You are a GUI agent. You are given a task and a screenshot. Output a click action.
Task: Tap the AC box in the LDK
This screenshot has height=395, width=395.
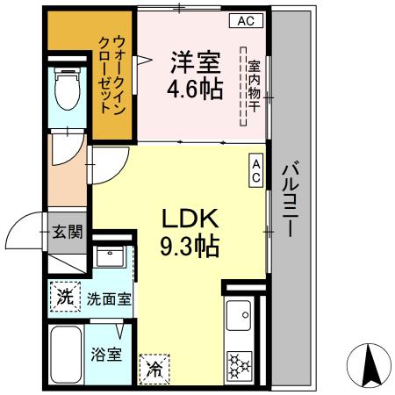point(256,170)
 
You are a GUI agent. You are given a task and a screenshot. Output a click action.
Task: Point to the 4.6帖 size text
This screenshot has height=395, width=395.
point(194,89)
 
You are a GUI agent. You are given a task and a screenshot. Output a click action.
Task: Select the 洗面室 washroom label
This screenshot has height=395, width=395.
point(108,298)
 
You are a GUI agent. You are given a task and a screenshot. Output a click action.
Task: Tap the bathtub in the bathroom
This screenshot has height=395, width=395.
point(66,355)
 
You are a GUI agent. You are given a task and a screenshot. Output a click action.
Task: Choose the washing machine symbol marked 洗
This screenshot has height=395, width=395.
point(65,297)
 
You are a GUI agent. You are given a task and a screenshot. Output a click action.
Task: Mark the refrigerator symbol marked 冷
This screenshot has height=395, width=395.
point(154,367)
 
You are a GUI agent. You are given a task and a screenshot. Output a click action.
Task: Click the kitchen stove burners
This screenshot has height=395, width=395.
point(240,364)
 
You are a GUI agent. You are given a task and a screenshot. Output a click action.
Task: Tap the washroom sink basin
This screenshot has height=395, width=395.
point(111,258)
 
